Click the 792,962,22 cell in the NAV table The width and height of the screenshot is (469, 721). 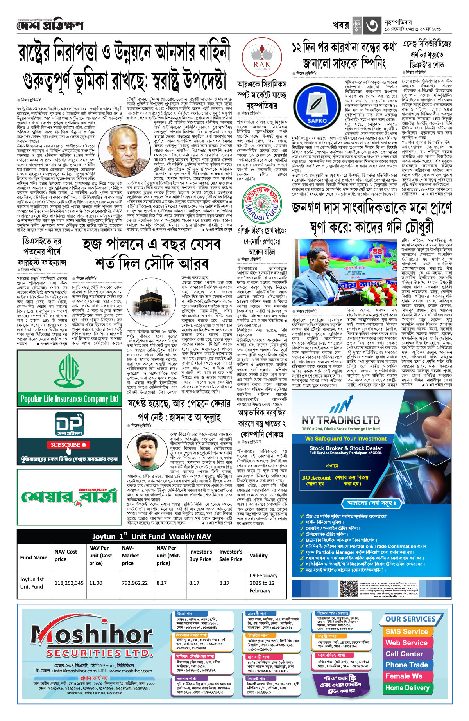point(135,583)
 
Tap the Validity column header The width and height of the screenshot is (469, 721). point(259,555)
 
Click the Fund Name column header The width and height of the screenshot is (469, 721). point(34,557)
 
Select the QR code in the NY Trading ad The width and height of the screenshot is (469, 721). point(349,589)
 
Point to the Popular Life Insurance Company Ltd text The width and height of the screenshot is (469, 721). point(69,399)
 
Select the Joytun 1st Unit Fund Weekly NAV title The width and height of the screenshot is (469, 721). point(152,536)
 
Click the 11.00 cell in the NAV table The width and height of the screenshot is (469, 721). point(96,583)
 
